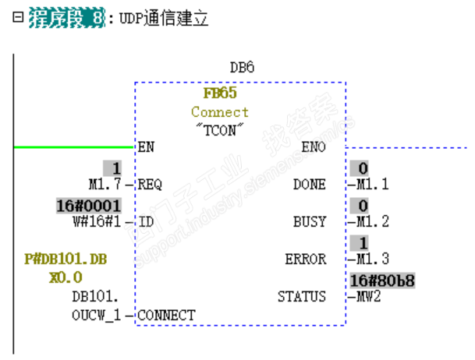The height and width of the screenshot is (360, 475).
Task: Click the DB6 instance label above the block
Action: point(242,68)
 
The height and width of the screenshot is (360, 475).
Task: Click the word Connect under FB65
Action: point(220,112)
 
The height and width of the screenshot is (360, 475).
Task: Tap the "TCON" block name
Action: point(220,129)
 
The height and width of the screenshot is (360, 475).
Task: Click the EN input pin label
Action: point(146,146)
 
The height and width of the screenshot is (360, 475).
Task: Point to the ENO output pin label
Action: point(313,146)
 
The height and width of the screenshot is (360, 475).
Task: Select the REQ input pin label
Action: point(150,185)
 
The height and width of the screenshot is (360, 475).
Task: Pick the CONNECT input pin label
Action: point(166,315)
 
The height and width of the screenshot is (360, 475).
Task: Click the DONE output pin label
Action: point(310,185)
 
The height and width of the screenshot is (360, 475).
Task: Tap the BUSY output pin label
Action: point(310,222)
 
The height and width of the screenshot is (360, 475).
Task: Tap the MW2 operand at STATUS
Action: point(365,296)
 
